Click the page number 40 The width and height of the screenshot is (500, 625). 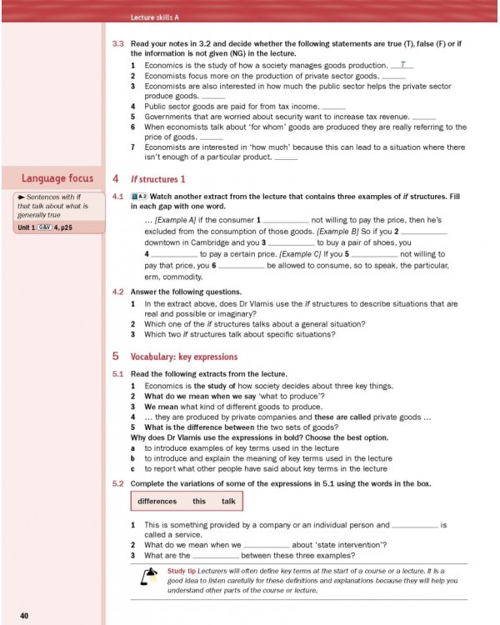25,616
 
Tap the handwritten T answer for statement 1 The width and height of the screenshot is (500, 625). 402,64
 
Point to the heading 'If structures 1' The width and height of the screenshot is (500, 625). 158,179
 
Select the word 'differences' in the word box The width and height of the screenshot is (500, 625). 157,501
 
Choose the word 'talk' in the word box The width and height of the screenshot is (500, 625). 228,501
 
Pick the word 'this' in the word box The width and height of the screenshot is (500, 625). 199,501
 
